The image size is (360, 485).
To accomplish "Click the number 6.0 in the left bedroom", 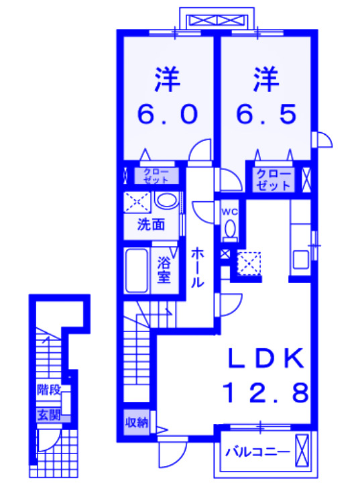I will point(168,115).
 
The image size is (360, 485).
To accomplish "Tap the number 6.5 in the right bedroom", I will point(266,115).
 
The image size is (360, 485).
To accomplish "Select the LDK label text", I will point(265,358).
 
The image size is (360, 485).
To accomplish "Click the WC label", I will point(230,211).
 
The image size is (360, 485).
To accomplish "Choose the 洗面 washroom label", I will point(152,225).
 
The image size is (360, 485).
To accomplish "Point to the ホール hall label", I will point(198,268).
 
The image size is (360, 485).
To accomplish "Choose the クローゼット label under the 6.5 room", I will point(274,178).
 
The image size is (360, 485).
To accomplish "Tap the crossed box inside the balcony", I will point(302,449).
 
